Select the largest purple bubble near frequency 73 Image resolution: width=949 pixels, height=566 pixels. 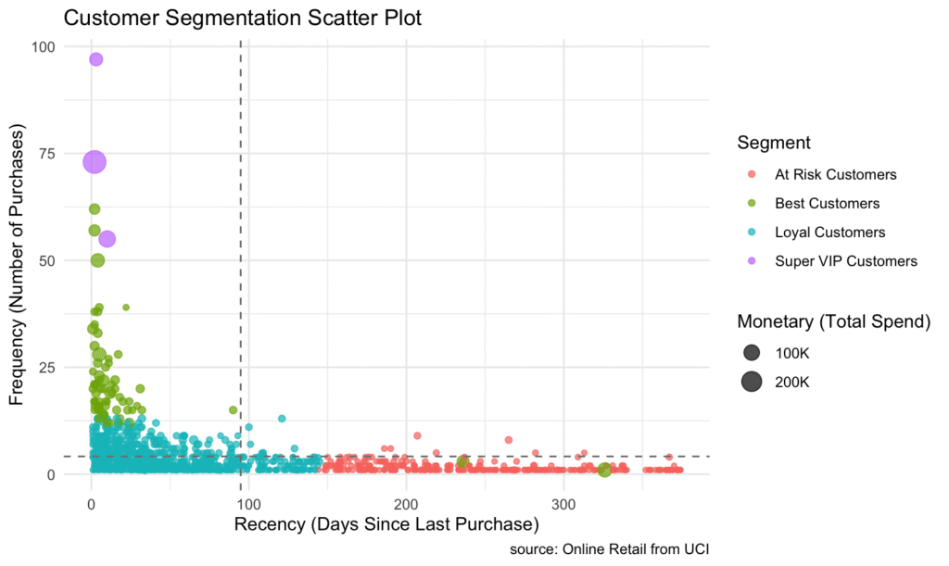click(95, 162)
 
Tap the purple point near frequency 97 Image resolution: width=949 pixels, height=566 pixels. click(95, 59)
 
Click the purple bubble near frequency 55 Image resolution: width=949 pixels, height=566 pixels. click(107, 239)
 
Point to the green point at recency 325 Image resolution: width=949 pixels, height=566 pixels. click(604, 470)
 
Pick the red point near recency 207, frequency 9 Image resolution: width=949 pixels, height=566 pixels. click(417, 435)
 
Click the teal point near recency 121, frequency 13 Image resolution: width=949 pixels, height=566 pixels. click(282, 419)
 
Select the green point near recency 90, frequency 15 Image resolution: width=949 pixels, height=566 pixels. click(234, 410)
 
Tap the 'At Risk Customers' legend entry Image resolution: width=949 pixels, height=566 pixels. click(835, 174)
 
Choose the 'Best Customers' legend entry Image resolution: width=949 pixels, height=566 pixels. click(827, 203)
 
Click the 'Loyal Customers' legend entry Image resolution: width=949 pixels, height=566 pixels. click(829, 233)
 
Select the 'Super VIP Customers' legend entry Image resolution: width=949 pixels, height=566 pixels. click(845, 261)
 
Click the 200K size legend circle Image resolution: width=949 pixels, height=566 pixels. click(751, 382)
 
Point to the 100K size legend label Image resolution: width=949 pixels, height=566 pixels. click(792, 353)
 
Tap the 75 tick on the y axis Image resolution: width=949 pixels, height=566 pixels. click(45, 154)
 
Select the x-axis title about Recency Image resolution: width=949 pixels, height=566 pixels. click(386, 525)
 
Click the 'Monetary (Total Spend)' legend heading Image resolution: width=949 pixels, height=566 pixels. click(833, 321)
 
